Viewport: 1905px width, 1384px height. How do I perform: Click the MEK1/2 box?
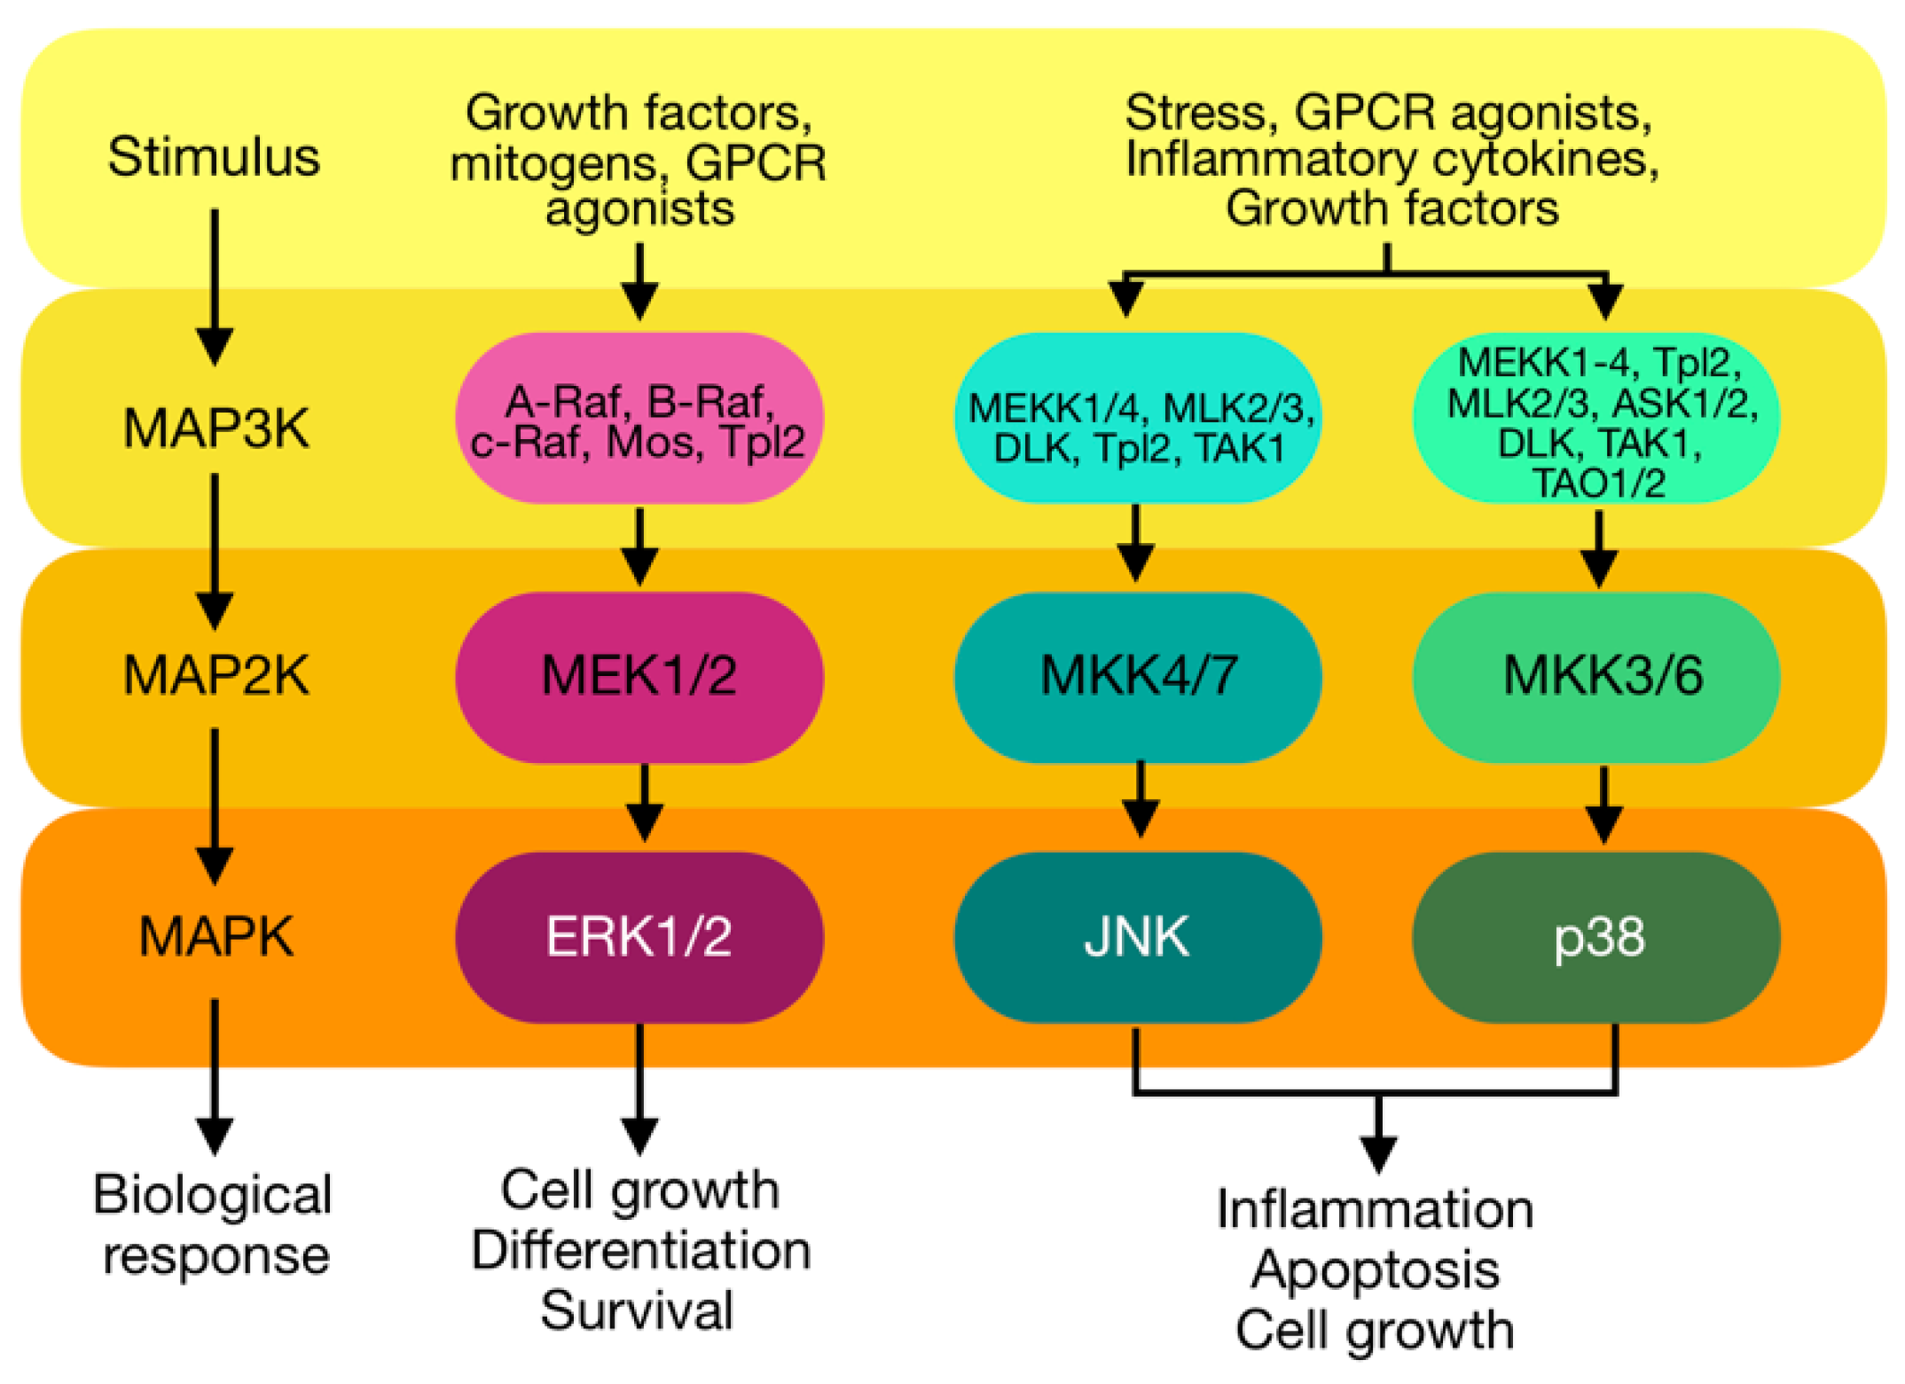tap(639, 677)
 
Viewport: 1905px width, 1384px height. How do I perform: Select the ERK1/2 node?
tap(639, 937)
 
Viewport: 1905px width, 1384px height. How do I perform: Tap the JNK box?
tap(1138, 937)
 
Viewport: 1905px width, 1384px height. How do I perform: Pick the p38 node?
tap(1596, 937)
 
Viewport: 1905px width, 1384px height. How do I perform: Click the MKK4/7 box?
tap(1138, 677)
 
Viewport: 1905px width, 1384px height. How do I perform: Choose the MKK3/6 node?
tap(1596, 677)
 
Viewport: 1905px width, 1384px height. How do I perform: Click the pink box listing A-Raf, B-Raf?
tap(639, 418)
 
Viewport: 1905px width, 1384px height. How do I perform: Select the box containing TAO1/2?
tap(1596, 418)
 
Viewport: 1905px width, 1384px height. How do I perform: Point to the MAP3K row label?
tap(216, 429)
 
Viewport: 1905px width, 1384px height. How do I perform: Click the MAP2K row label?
tap(216, 675)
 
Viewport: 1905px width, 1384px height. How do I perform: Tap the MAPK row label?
tap(216, 936)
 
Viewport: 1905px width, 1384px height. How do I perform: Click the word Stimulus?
tap(214, 157)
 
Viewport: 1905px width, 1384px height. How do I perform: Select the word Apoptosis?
tap(1376, 1271)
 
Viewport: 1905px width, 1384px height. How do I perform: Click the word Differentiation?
tap(640, 1251)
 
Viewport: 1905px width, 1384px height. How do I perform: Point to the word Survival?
tap(637, 1310)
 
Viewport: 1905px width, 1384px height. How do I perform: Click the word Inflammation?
tap(1375, 1209)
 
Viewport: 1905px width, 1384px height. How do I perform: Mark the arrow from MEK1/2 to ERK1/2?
tap(644, 803)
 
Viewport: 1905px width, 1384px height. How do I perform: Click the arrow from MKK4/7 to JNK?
tap(1140, 799)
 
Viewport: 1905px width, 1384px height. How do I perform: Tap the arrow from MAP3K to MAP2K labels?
tap(215, 552)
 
